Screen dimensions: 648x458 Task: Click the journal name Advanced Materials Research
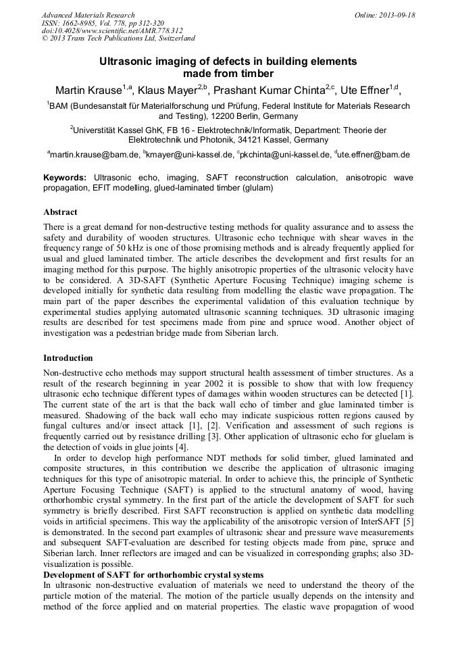tap(88, 15)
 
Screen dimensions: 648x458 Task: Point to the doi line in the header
tap(112, 31)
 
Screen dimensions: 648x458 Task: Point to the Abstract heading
tap(60, 212)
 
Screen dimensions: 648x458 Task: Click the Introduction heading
tap(68, 358)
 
